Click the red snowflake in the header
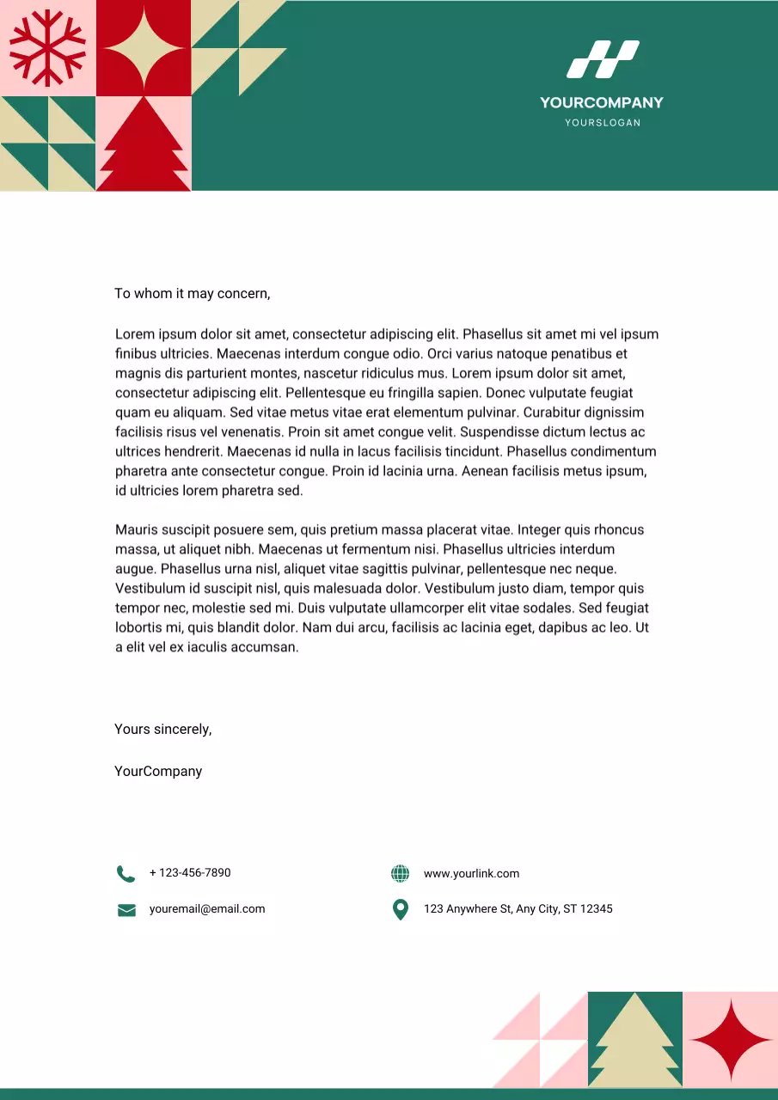click(x=47, y=48)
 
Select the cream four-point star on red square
click(x=144, y=48)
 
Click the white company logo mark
click(x=602, y=59)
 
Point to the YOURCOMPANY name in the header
click(x=602, y=102)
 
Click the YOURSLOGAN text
click(x=602, y=123)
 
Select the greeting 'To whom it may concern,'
click(x=193, y=294)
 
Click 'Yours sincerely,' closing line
click(x=162, y=730)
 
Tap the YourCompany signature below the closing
click(x=158, y=772)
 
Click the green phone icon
click(x=126, y=874)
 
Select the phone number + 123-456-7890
click(x=190, y=873)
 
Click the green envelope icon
click(x=126, y=910)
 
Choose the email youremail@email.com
click(x=207, y=909)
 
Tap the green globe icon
click(x=400, y=874)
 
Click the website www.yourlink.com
click(x=471, y=874)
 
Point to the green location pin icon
click(x=400, y=909)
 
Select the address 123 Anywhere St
click(x=518, y=909)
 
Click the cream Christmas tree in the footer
click(x=635, y=1042)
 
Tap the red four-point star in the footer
click(x=730, y=1040)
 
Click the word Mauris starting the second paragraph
click(x=137, y=530)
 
